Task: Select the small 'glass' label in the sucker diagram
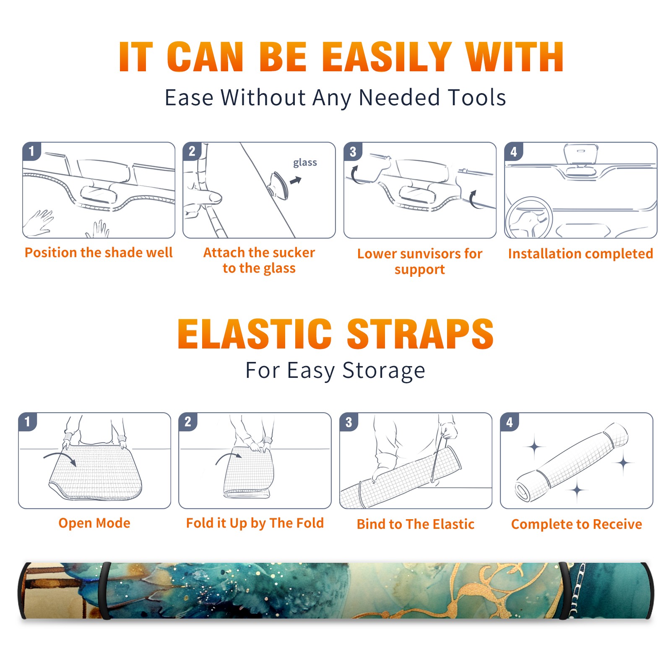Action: [305, 163]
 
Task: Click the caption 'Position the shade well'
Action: [99, 252]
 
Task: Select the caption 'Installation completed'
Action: [580, 254]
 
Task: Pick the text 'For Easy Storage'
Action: [335, 370]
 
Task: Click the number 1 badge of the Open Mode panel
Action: [28, 421]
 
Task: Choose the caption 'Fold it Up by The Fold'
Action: [255, 523]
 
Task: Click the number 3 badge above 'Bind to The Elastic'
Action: [349, 422]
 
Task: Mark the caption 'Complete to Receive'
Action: [577, 524]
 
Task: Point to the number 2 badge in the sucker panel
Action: [192, 151]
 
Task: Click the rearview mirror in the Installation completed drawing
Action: [581, 155]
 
